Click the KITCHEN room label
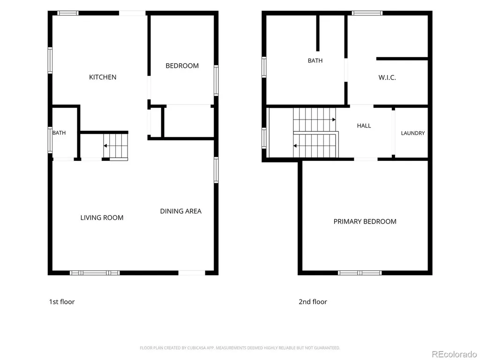103,77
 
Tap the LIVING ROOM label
102,217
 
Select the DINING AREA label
180,211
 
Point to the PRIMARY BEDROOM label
365,222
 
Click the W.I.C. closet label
387,78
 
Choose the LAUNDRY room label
412,133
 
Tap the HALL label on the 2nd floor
364,126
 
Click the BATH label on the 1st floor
59,133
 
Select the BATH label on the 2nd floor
315,60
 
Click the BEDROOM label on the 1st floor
182,66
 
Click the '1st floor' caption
62,302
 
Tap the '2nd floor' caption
313,302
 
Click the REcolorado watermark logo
454,354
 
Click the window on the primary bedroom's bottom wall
360,273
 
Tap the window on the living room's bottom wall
95,273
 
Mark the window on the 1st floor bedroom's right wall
216,81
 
